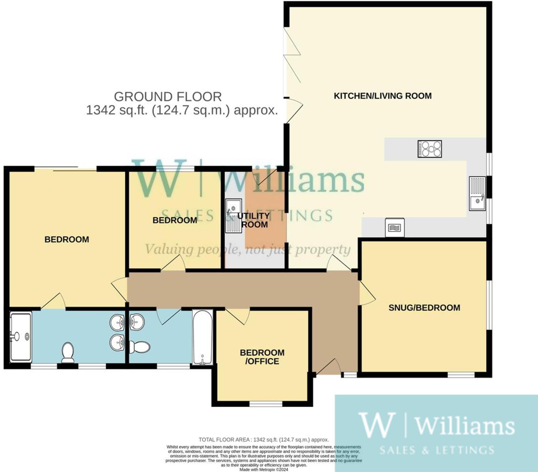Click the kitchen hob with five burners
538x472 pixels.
point(430,149)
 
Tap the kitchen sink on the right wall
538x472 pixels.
point(477,193)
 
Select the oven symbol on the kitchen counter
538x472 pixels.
point(395,228)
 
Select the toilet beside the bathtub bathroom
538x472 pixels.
point(139,347)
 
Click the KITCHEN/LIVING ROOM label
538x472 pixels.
point(382,96)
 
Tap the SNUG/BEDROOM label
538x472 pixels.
point(424,308)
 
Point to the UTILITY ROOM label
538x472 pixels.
point(254,220)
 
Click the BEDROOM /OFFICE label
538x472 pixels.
point(262,357)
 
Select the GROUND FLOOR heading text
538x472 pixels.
point(168,97)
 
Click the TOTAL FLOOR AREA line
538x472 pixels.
point(263,440)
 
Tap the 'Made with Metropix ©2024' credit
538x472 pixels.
point(263,470)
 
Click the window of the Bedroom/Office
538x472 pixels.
point(266,404)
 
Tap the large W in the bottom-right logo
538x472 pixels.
point(377,425)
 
